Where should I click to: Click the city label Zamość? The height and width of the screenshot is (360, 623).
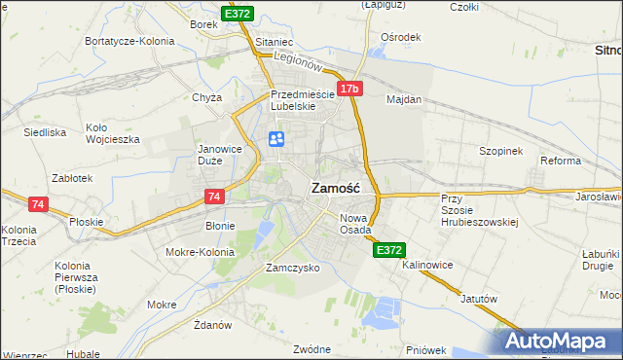336,188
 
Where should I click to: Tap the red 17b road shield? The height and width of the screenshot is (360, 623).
350,90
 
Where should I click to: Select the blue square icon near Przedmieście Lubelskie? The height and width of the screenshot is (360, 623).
275,140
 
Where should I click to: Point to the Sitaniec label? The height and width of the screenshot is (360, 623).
274,43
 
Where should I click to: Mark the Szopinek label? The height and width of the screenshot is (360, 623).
501,151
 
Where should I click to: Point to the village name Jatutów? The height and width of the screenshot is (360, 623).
478,299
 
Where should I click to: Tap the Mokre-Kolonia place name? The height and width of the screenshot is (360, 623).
201,252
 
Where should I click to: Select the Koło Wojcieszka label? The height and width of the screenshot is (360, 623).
112,132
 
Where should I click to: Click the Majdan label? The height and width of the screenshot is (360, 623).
404,99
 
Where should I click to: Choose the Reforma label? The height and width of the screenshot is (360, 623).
561,161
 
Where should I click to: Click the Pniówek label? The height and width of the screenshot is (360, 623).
425,349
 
